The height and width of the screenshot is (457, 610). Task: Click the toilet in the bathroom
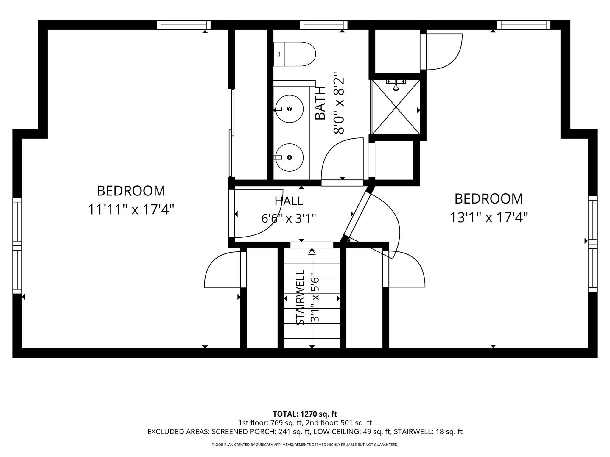(x=294, y=54)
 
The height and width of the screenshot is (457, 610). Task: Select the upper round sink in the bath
(x=289, y=109)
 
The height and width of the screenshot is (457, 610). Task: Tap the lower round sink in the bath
(x=289, y=157)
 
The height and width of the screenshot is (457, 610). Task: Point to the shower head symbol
(x=396, y=85)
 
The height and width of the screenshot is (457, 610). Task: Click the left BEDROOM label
(x=131, y=191)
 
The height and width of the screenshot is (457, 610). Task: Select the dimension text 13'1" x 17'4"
(x=488, y=217)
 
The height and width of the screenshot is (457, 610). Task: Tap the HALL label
(x=289, y=201)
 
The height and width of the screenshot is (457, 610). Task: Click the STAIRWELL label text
(x=300, y=297)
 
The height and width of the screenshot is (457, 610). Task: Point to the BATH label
(x=320, y=103)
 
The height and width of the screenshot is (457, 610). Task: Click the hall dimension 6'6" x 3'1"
(x=289, y=219)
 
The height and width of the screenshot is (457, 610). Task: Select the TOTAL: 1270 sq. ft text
(x=305, y=414)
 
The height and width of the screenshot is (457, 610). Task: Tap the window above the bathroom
(x=324, y=25)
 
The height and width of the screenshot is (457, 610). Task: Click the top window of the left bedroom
(x=184, y=25)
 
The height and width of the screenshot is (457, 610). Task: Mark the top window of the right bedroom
(x=523, y=25)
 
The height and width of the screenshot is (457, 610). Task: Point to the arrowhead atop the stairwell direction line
(x=312, y=251)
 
